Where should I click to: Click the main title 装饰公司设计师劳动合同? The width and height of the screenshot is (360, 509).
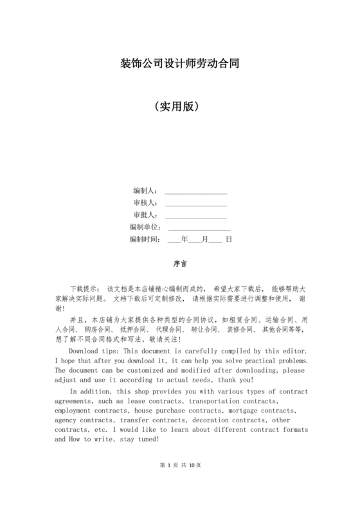point(180,64)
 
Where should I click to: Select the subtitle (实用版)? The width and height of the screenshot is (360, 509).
point(180,105)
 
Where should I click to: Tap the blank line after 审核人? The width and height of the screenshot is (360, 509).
point(195,203)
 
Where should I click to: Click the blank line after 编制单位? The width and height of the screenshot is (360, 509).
point(199,228)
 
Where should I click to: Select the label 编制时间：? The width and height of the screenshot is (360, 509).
point(145,240)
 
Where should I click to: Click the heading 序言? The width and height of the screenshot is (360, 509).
point(180,264)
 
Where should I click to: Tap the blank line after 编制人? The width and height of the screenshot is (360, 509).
point(195,191)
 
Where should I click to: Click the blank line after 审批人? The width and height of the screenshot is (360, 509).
point(195,215)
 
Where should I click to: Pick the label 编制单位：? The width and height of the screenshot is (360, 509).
point(147,228)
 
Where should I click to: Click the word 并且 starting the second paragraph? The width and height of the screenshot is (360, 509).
point(77,319)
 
